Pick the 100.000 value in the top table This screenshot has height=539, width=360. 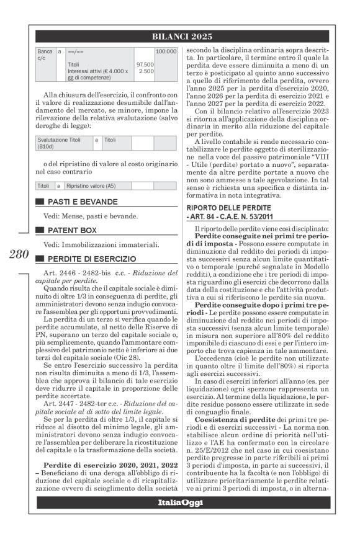click(166, 51)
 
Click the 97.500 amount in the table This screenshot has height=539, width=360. click(145, 64)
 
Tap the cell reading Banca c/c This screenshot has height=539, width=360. click(45, 55)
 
